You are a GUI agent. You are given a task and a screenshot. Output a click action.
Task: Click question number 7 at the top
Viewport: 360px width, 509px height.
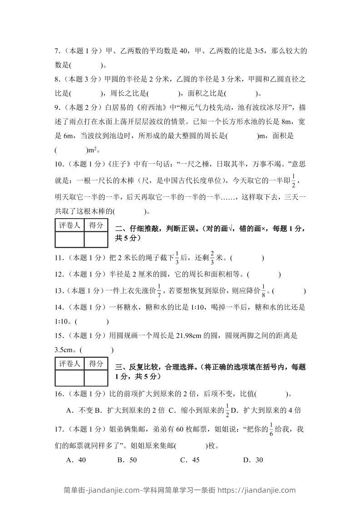57,52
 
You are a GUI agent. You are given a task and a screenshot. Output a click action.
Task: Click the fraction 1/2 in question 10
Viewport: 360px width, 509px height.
293,180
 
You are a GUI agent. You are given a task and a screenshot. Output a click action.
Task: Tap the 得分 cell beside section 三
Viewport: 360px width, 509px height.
96,364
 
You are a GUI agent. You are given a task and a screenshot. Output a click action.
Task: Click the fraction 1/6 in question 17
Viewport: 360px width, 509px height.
271,429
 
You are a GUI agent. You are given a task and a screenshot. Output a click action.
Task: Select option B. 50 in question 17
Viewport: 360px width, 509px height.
127,460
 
